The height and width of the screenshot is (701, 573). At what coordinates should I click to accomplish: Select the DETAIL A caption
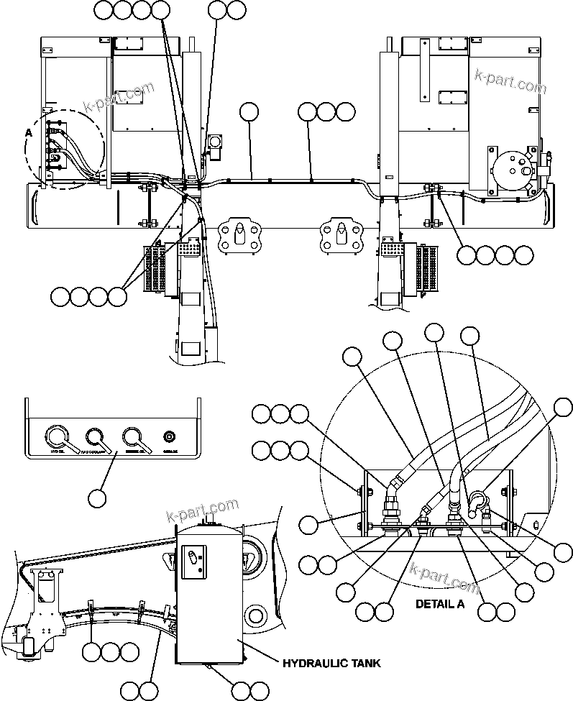[x=439, y=604]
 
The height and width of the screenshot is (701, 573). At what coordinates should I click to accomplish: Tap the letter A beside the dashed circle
[x=29, y=133]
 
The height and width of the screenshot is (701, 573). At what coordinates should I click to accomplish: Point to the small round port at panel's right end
[x=170, y=436]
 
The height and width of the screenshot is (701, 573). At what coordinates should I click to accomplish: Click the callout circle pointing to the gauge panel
[x=97, y=497]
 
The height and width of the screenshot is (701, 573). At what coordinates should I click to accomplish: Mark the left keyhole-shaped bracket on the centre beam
[x=236, y=234]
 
